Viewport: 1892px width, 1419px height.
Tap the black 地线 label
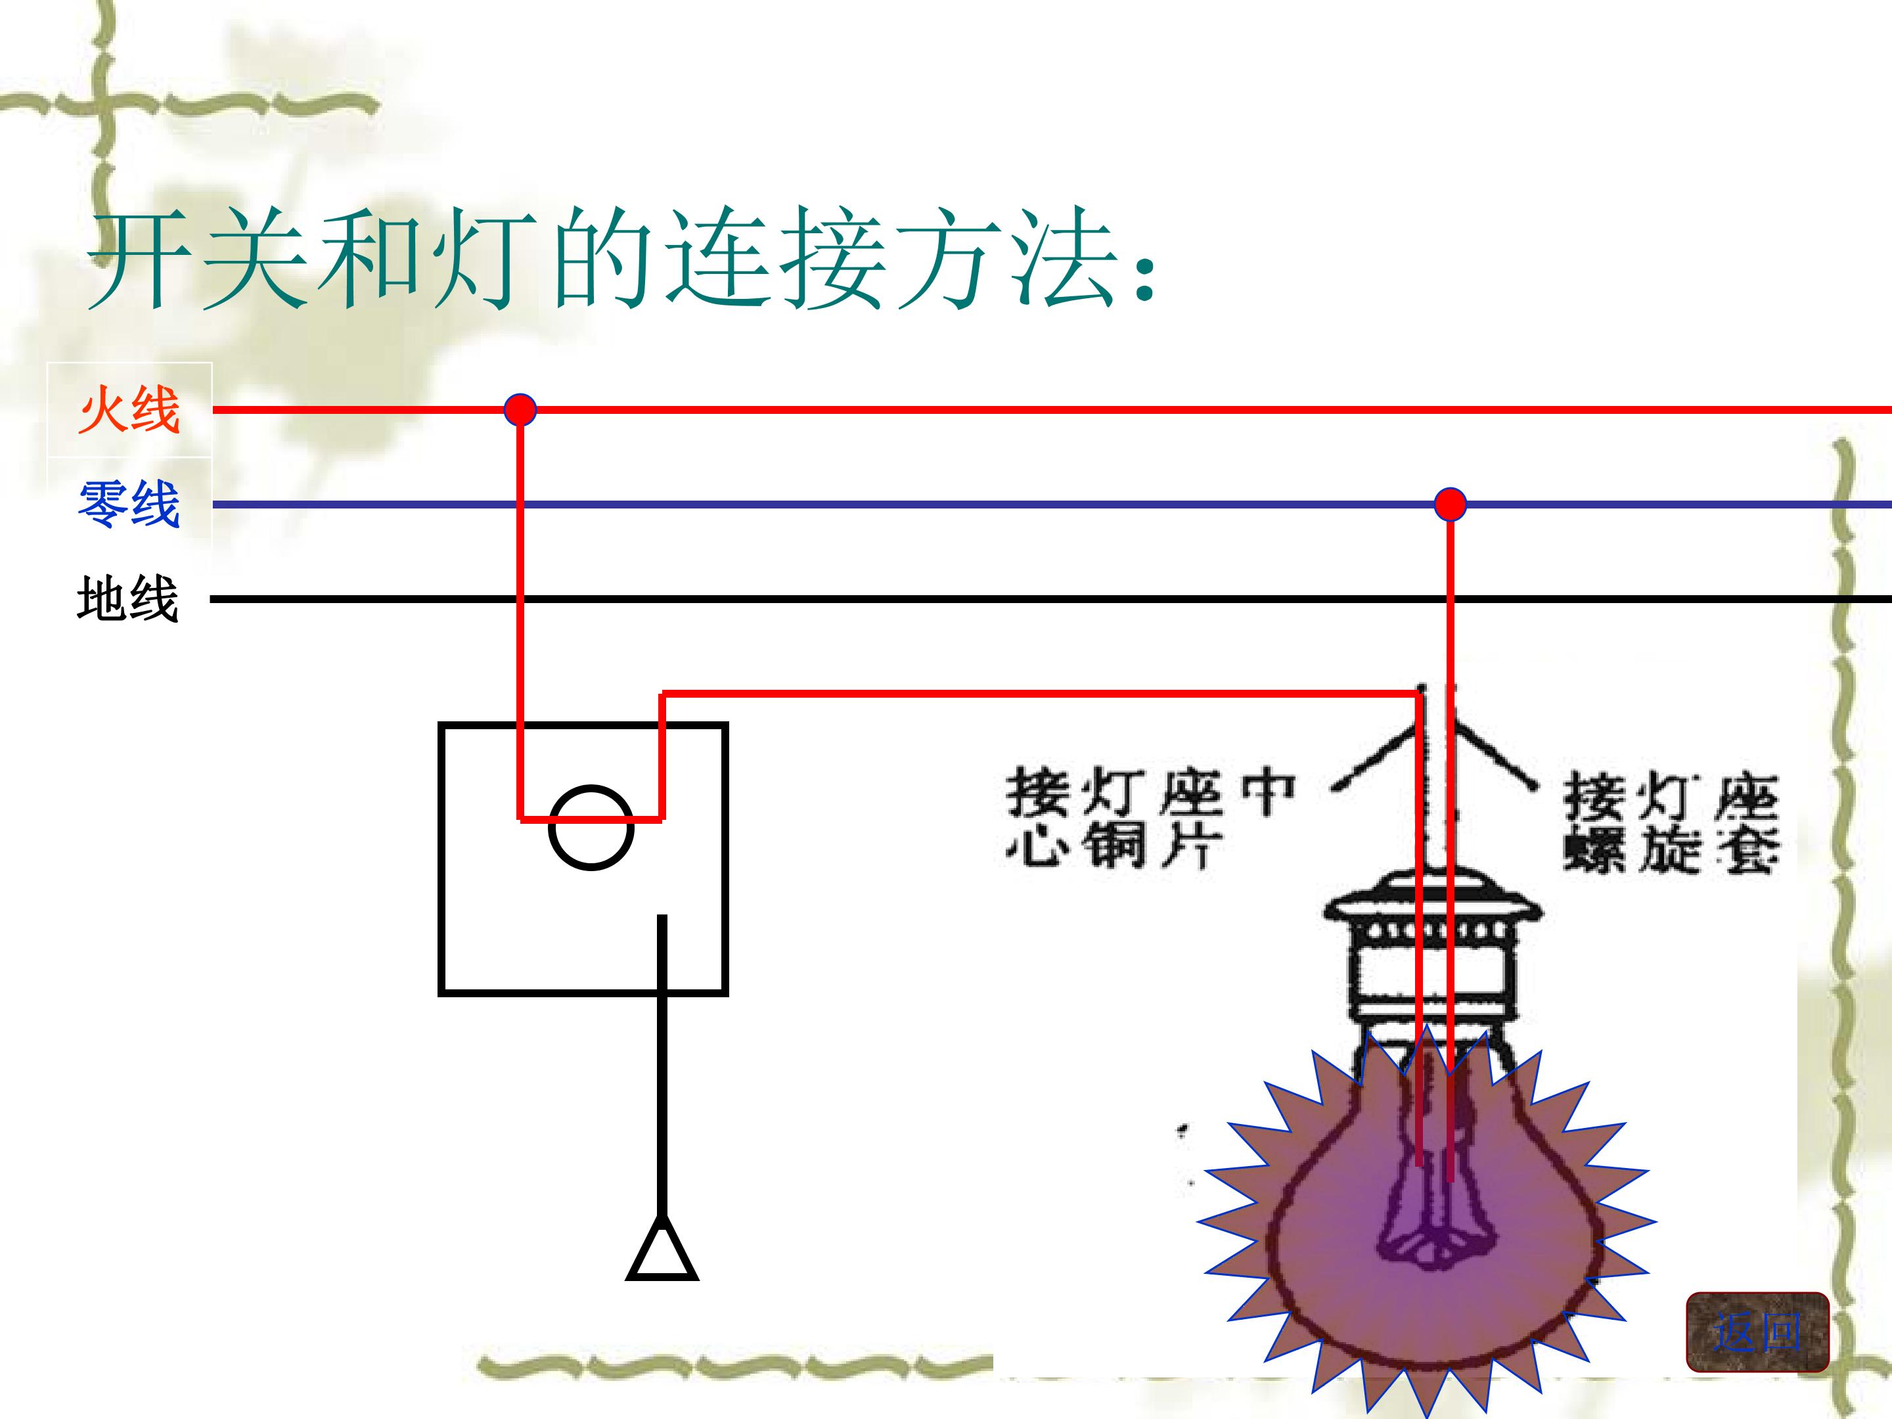(127, 598)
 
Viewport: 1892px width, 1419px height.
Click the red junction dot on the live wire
(520, 410)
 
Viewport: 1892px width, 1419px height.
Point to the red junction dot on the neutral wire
(1450, 505)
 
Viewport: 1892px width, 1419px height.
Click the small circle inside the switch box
(591, 827)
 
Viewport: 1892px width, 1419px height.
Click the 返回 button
(1757, 1332)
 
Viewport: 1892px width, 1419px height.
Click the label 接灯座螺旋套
(1671, 823)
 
